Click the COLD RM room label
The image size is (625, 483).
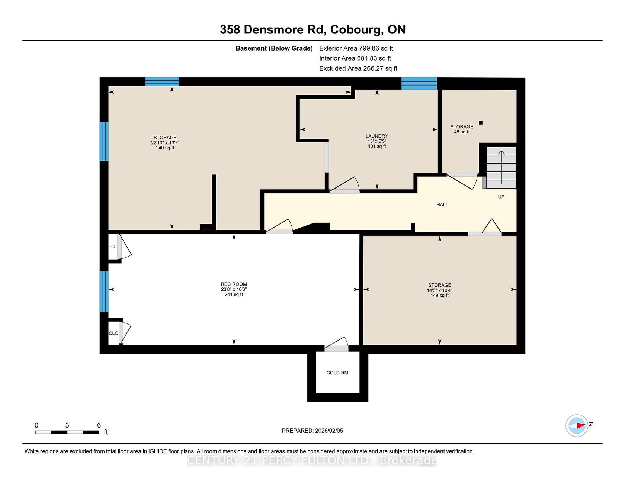(337, 373)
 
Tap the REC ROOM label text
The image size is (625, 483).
(234, 284)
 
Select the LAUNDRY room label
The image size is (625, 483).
(377, 136)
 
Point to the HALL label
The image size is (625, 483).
(442, 205)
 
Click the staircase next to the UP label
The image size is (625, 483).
(501, 167)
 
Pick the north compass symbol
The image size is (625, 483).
(577, 425)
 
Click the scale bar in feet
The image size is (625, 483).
(67, 432)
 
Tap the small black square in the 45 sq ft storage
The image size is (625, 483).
(481, 123)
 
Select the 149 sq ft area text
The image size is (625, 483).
(440, 296)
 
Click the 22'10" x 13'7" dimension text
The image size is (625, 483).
(165, 143)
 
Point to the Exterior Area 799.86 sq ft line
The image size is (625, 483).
(356, 48)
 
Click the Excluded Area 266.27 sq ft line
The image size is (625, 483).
(358, 68)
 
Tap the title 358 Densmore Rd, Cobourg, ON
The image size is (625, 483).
(312, 30)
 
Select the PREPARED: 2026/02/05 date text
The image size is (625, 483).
(312, 431)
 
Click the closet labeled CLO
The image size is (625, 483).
(113, 333)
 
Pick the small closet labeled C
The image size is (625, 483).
(113, 247)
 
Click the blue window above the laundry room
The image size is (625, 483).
(419, 83)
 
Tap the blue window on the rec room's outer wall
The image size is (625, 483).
(104, 292)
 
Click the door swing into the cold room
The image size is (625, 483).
(336, 344)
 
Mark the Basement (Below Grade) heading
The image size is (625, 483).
(274, 48)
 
